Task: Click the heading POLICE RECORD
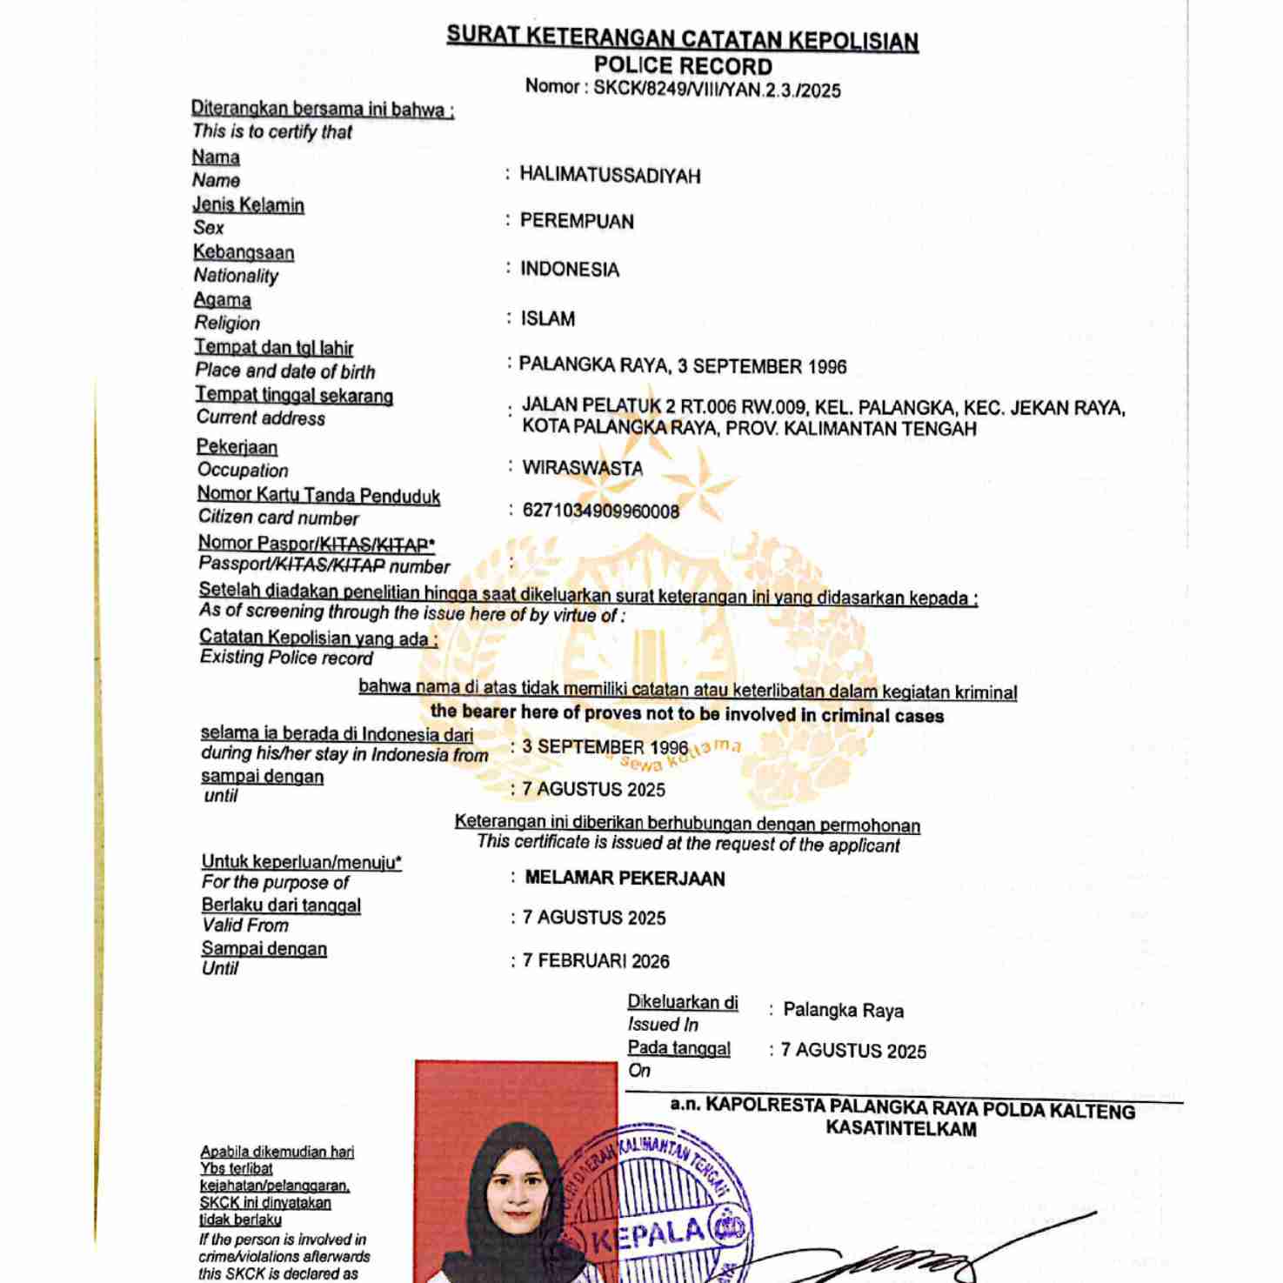683,66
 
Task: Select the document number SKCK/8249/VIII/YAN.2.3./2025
717,90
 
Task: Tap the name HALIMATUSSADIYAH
610,176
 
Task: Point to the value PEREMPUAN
577,222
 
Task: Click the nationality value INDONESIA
570,270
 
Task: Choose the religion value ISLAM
548,319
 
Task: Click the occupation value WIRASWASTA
582,468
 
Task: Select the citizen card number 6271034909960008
600,511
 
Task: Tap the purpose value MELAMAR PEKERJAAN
625,879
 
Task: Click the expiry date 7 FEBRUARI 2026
596,961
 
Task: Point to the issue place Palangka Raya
843,1011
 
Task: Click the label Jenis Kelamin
248,205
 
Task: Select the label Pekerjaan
237,447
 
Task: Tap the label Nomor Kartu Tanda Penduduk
318,495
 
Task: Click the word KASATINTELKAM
901,1129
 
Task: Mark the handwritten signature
905,1257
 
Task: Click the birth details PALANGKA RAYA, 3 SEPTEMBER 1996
683,366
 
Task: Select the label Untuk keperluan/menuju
301,862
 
